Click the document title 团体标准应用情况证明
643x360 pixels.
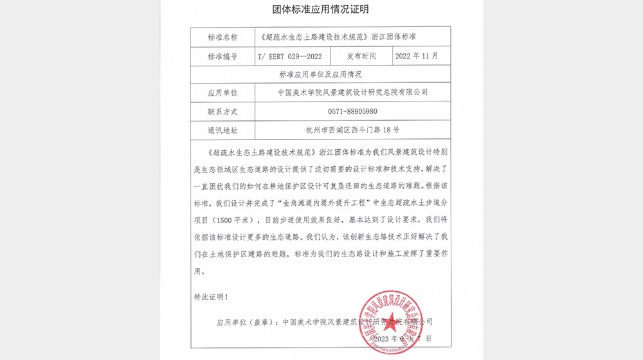321,10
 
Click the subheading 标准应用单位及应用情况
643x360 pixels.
321,75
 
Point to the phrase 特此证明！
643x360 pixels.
210,297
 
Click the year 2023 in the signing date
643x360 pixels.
380,338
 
